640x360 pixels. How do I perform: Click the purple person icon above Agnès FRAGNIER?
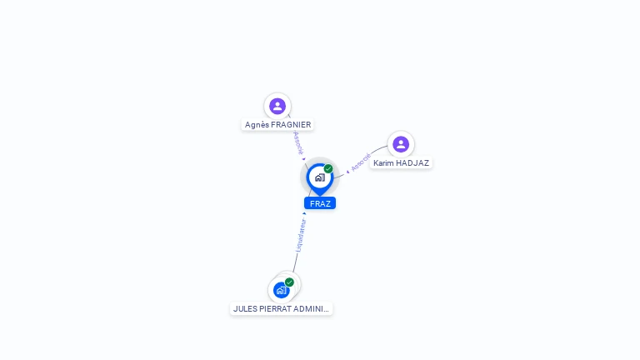(x=277, y=106)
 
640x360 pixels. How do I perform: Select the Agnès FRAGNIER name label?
(x=277, y=125)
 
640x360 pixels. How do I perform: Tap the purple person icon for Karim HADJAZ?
(x=401, y=144)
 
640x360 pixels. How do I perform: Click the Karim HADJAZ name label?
(x=401, y=163)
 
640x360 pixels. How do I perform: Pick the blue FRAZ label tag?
(x=320, y=203)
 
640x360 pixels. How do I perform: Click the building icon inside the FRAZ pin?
(x=319, y=177)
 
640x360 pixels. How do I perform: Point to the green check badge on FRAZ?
(x=328, y=168)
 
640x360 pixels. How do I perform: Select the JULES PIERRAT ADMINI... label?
(x=281, y=308)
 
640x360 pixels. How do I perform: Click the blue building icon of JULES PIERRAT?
(x=281, y=291)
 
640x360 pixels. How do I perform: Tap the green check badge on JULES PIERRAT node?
(x=289, y=282)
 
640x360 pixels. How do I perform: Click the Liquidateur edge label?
(x=301, y=236)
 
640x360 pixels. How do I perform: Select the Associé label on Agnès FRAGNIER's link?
(x=298, y=142)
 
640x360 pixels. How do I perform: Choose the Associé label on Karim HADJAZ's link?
(x=361, y=162)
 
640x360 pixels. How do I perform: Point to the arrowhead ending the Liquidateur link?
(x=304, y=213)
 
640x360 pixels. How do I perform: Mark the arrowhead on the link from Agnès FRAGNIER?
(x=304, y=159)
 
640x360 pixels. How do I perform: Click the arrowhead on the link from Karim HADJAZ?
(x=347, y=172)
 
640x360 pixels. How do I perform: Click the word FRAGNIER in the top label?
(x=291, y=125)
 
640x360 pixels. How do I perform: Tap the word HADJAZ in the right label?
(x=413, y=163)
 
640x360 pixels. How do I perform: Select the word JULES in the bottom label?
(x=245, y=308)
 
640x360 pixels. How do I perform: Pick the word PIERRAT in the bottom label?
(x=276, y=308)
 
